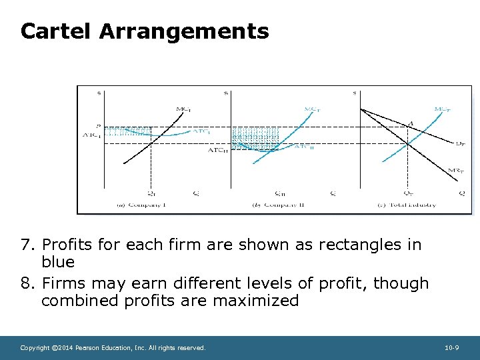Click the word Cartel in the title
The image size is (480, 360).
pos(55,31)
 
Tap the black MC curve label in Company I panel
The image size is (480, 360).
pos(182,109)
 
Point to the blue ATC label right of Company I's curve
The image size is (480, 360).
pos(202,131)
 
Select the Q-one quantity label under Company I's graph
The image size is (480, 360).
pos(151,193)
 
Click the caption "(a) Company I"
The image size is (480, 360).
pos(142,205)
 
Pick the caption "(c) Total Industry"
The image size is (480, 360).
pos(411,205)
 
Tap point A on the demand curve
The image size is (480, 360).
pos(410,122)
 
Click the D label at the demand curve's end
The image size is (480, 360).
pos(460,143)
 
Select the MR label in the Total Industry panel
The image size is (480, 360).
pos(456,171)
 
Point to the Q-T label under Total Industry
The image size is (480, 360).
pos(407,193)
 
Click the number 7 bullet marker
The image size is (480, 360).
pos(29,245)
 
